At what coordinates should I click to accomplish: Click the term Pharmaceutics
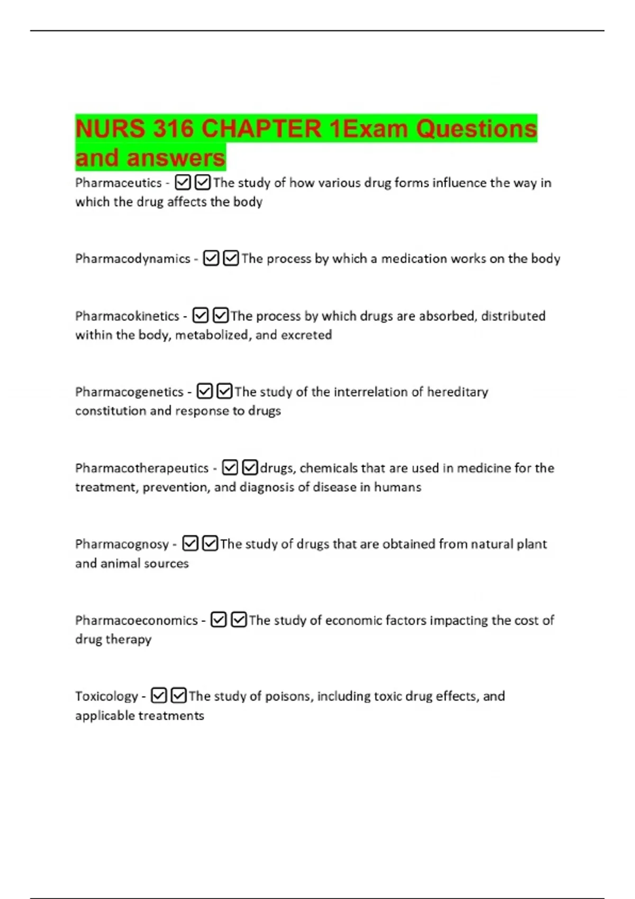[x=118, y=183]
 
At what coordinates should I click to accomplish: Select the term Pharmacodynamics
[x=132, y=259]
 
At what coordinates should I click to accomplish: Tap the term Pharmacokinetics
[x=127, y=316]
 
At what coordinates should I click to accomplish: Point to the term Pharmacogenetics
[x=129, y=392]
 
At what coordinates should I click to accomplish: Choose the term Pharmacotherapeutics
[x=142, y=469]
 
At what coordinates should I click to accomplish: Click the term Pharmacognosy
[x=122, y=544]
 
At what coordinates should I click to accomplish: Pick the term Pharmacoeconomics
[x=136, y=620]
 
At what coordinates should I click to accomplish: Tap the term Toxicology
[x=106, y=696]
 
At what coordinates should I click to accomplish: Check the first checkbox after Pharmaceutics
[x=183, y=183]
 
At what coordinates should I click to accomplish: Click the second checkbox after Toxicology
[x=179, y=695]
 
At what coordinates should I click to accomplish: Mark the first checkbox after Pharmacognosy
[x=190, y=544]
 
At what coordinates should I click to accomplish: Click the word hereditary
[x=457, y=392]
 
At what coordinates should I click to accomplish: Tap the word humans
[x=397, y=487]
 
